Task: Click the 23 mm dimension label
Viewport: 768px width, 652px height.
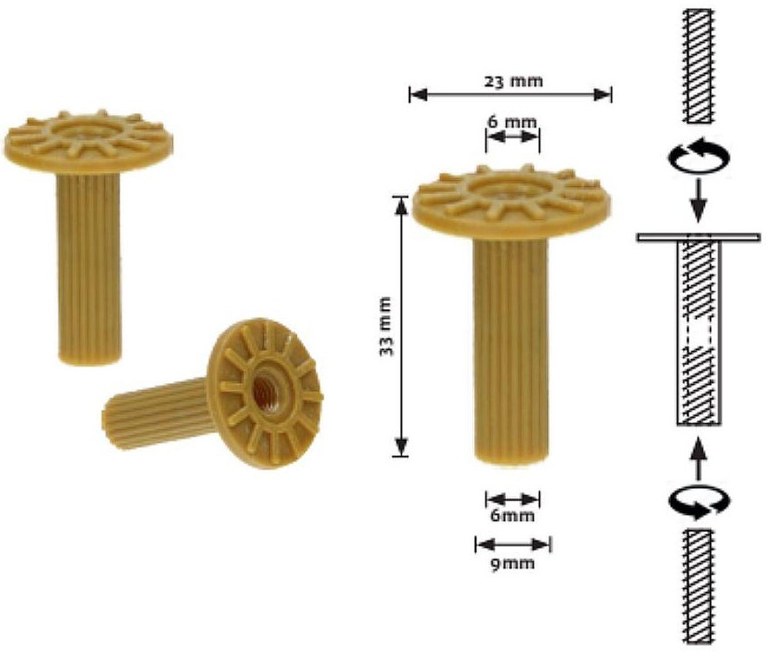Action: point(512,81)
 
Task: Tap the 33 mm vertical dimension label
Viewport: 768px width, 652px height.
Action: point(386,326)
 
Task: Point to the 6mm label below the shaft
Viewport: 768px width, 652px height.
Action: point(512,516)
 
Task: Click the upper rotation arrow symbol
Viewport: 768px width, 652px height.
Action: point(698,158)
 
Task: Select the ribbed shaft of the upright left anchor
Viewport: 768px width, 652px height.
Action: point(88,267)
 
